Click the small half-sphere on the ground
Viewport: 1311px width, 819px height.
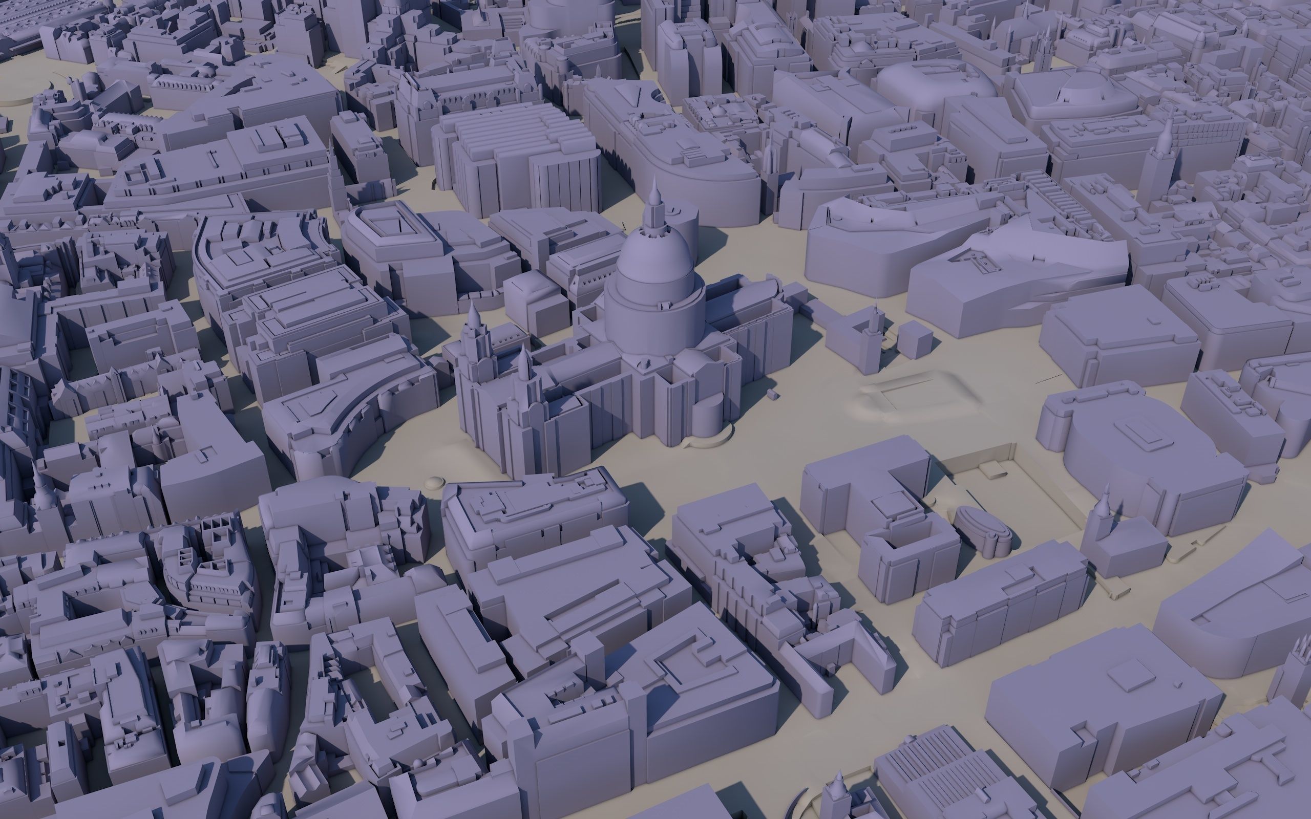pyautogui.click(x=435, y=482)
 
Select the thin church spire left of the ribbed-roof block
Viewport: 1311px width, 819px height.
pyautogui.click(x=332, y=168)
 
